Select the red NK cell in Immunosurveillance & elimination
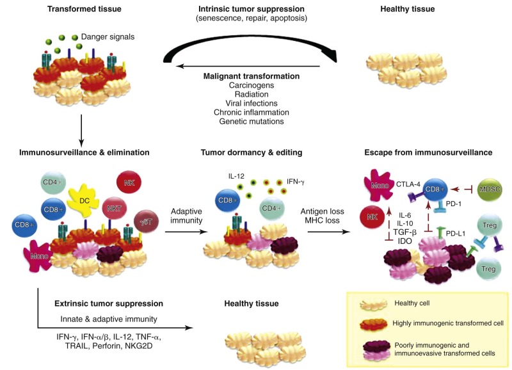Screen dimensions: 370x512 point(129,182)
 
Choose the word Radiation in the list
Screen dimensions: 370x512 point(242,94)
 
